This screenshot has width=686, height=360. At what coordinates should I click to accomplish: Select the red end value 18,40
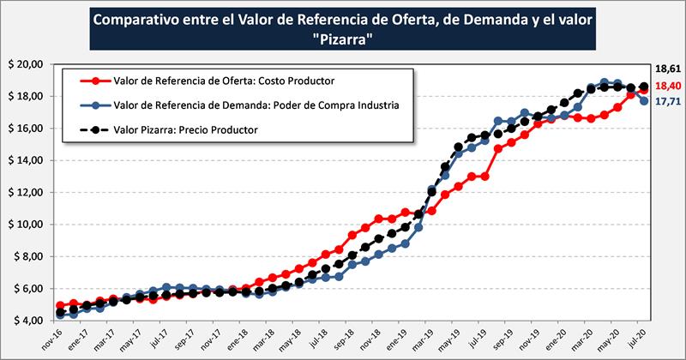pos(666,87)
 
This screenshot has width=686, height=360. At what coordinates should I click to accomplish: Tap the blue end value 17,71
pos(666,102)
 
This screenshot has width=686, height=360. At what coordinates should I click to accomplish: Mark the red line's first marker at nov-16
pos(60,305)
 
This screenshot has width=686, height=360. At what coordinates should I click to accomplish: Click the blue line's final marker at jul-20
pos(642,101)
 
